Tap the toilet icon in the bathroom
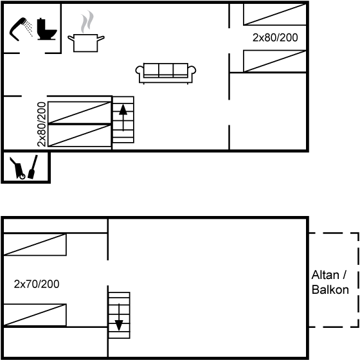coord(46,29)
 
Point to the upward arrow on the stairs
coord(123,118)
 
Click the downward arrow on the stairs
coord(119,317)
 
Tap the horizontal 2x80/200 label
coord(275,37)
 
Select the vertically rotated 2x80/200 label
coord(42,124)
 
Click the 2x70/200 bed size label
coord(37,284)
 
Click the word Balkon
coord(330,289)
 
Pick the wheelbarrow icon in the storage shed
coord(18,168)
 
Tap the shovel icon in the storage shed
coord(33,167)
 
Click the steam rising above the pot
coord(87,22)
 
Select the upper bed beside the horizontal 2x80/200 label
coord(275,14)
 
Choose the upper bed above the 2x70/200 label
coord(35,244)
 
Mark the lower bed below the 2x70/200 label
coord(35,315)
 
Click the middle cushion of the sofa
coord(166,69)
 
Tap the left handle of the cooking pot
coord(71,38)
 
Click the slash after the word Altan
coord(344,275)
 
